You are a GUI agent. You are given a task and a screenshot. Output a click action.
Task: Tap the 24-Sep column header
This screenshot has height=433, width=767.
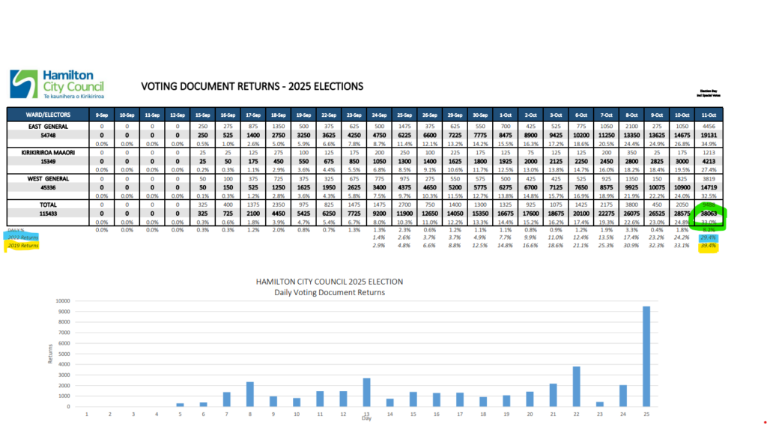click(x=379, y=115)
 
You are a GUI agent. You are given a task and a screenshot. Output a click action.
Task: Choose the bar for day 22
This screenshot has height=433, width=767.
click(x=576, y=387)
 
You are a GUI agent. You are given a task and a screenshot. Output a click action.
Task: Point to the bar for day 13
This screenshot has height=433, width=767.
click(x=366, y=393)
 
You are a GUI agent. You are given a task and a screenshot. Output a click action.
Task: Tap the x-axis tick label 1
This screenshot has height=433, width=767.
click(x=87, y=414)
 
